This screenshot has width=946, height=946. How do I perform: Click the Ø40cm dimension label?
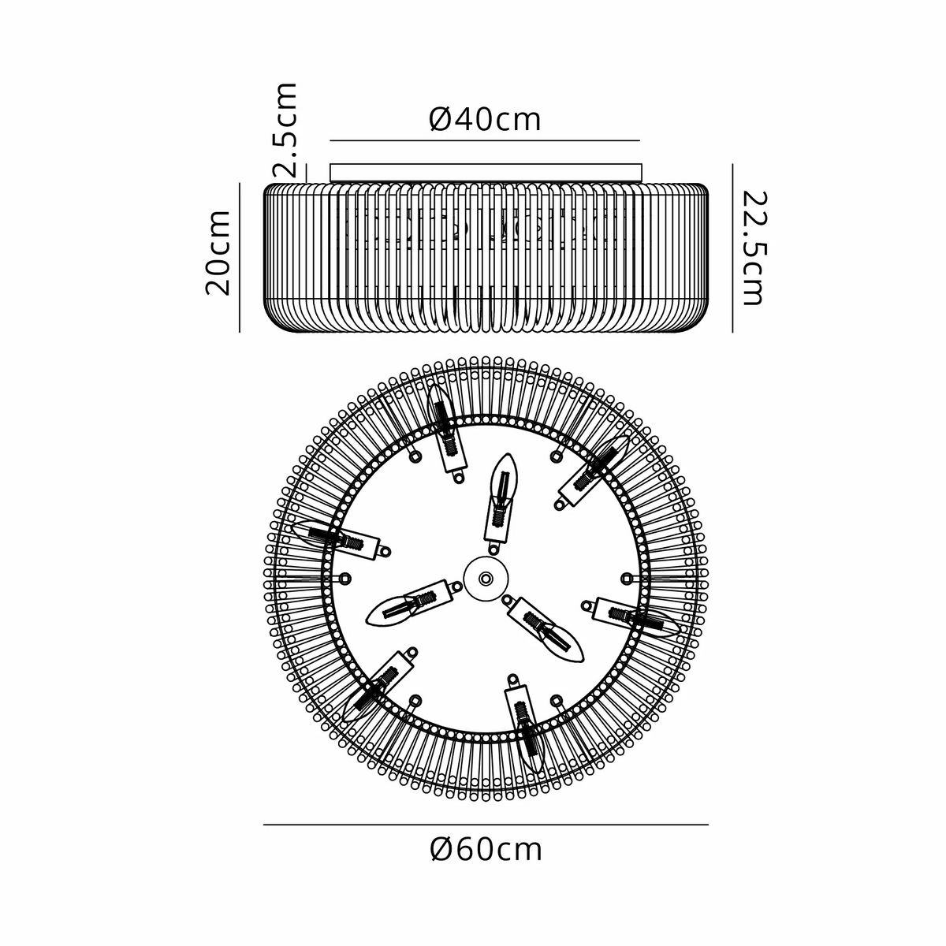(x=485, y=119)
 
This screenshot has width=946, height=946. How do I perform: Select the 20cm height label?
(x=218, y=253)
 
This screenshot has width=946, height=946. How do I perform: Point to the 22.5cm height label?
(x=754, y=248)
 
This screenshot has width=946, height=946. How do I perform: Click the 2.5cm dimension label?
(x=285, y=130)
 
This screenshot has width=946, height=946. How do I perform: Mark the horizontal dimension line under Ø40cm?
(x=485, y=141)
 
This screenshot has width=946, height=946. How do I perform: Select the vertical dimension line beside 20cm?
(x=240, y=257)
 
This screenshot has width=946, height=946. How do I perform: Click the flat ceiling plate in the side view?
(x=486, y=173)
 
